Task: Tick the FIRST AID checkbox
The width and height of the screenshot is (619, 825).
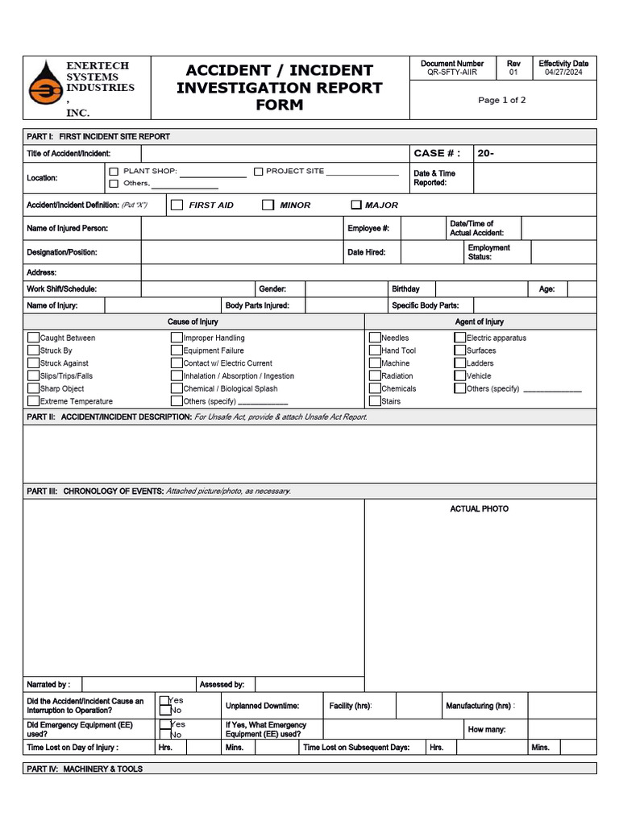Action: coord(177,205)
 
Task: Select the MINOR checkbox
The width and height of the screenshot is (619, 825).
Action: coord(268,205)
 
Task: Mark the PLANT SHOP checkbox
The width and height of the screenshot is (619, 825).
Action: coord(114,172)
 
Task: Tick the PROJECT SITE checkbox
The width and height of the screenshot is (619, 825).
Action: coord(259,172)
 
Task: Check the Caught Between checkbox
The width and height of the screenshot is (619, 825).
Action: coord(33,338)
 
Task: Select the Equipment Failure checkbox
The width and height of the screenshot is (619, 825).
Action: coord(177,350)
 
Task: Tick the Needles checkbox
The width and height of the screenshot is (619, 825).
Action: coord(375,338)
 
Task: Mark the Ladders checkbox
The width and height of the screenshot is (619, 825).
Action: coord(460,363)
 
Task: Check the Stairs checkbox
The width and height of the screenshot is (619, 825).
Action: coord(375,400)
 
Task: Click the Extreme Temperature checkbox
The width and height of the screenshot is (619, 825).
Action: coord(33,400)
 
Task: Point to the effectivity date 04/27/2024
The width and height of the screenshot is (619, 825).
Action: coord(563,73)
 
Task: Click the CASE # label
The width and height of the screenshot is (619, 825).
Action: coord(437,153)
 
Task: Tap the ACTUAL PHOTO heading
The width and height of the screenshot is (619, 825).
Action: coord(479,509)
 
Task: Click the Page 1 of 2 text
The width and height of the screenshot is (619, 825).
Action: coord(501,101)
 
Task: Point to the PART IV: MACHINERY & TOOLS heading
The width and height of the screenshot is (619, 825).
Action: coord(85,769)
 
